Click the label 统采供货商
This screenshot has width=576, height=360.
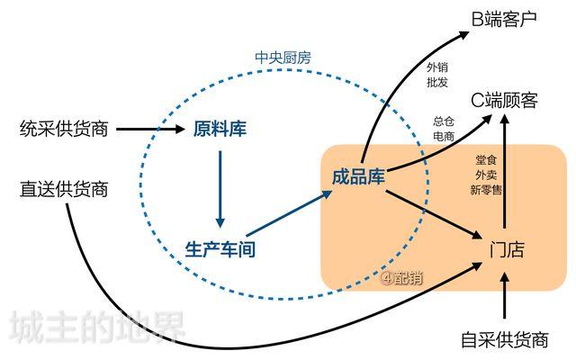64,130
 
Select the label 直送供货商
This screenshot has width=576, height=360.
64,189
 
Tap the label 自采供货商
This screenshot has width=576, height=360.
504,340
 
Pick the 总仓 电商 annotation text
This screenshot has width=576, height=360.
443,129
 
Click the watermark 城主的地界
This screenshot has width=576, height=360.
96,328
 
